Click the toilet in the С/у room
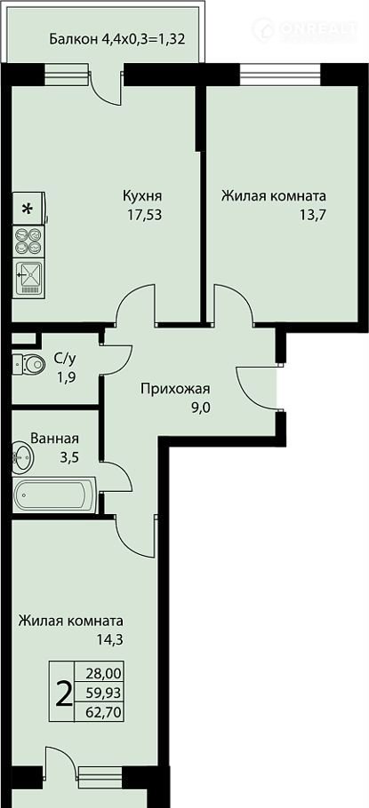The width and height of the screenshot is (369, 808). click(29, 364)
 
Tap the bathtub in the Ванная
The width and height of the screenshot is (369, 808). click(55, 495)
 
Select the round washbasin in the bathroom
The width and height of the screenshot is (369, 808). click(22, 456)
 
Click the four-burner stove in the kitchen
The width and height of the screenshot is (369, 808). click(28, 242)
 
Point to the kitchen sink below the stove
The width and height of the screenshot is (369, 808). click(28, 278)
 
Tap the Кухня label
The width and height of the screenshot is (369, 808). click(142, 196)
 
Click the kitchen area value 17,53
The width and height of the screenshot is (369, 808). click(145, 215)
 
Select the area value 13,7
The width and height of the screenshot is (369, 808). click(312, 215)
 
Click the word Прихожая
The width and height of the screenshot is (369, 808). click(175, 389)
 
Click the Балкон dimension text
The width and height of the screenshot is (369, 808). click(117, 39)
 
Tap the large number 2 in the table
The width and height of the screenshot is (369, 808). click(63, 695)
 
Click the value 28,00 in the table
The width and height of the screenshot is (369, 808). click(101, 674)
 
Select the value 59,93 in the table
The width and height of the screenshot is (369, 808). click(101, 693)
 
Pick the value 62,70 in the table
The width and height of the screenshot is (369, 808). click(101, 713)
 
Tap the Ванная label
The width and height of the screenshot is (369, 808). click(55, 439)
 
